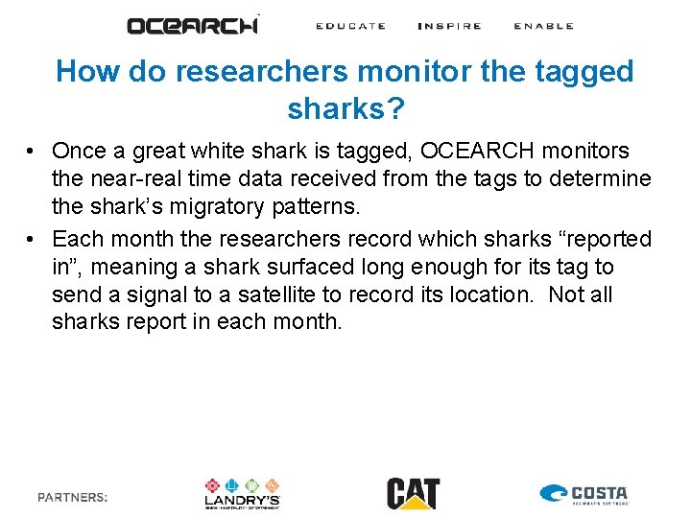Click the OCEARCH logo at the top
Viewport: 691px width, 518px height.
click(x=193, y=26)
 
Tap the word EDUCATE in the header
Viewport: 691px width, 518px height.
click(x=350, y=26)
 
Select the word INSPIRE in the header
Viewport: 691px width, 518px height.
click(x=449, y=26)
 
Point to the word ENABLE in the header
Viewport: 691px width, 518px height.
click(x=543, y=26)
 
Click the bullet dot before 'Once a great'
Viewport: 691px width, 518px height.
click(x=32, y=152)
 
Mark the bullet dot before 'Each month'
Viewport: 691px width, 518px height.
click(x=32, y=239)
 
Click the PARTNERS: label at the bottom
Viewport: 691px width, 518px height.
click(x=73, y=497)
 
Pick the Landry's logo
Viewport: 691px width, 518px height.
click(x=242, y=493)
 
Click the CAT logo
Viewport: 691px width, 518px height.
click(x=414, y=493)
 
